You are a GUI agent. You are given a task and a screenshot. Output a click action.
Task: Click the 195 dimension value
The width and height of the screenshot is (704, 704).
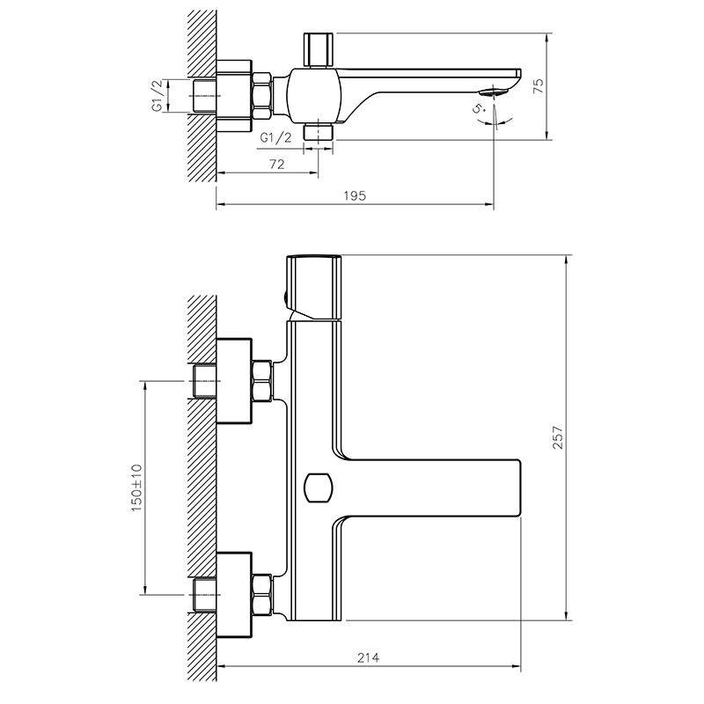pyautogui.click(x=355, y=195)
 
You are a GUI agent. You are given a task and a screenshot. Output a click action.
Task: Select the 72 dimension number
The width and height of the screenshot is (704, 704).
pyautogui.click(x=277, y=165)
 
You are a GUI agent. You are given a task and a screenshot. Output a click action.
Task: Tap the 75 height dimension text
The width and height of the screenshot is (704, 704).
pyautogui.click(x=538, y=85)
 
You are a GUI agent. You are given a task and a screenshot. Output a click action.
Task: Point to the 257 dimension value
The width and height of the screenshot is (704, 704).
pyautogui.click(x=557, y=437)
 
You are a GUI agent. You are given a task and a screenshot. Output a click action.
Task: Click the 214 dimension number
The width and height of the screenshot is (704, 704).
pyautogui.click(x=368, y=657)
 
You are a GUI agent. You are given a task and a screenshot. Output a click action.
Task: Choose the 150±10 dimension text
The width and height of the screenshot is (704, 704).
pyautogui.click(x=136, y=488)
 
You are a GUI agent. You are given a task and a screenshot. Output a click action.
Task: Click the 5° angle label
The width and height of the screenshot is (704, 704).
pyautogui.click(x=479, y=109)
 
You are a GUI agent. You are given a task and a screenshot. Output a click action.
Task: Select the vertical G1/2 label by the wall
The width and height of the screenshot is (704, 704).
pyautogui.click(x=157, y=96)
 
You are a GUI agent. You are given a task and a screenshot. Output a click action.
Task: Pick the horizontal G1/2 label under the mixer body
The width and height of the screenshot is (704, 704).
pyautogui.click(x=275, y=138)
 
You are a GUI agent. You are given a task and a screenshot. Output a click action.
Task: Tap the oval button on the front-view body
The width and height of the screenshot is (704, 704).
pyautogui.click(x=319, y=488)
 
